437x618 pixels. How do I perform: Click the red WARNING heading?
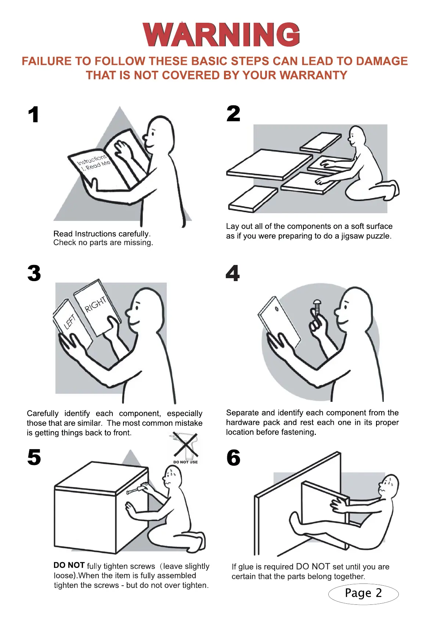(221, 34)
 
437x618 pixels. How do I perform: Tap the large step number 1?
(34, 114)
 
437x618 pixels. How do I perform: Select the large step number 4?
(232, 273)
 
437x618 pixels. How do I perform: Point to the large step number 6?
(234, 458)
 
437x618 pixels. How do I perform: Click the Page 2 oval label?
(363, 593)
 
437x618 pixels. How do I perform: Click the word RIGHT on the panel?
(95, 304)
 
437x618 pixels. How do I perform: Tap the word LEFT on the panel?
(70, 321)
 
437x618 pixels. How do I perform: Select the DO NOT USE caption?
(185, 462)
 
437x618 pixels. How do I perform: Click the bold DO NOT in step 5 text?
(69, 566)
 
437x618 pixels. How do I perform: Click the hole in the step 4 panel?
(276, 309)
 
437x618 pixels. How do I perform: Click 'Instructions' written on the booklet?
(91, 160)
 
